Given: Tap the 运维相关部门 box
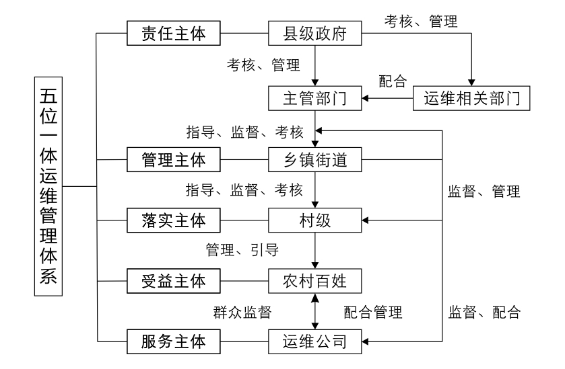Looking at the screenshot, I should [x=473, y=99].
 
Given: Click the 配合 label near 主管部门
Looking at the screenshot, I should [x=392, y=81].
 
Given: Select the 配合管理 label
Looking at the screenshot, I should [x=372, y=311].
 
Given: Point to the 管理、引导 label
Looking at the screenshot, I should [x=242, y=249].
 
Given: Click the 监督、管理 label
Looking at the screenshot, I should [x=484, y=191].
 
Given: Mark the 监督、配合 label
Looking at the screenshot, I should [x=484, y=311].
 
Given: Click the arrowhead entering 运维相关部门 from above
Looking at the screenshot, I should [x=473, y=83].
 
